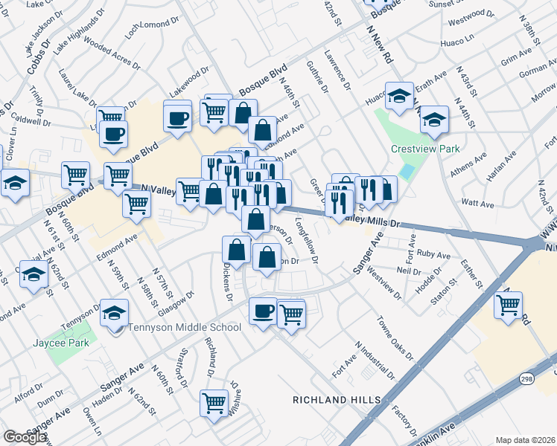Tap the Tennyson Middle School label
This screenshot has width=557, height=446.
[185, 327]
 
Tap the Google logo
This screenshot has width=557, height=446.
[25, 437]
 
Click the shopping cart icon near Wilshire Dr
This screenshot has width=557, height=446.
[214, 403]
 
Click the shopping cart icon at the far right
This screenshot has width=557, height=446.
[509, 304]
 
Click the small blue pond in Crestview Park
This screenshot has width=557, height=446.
[406, 171]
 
